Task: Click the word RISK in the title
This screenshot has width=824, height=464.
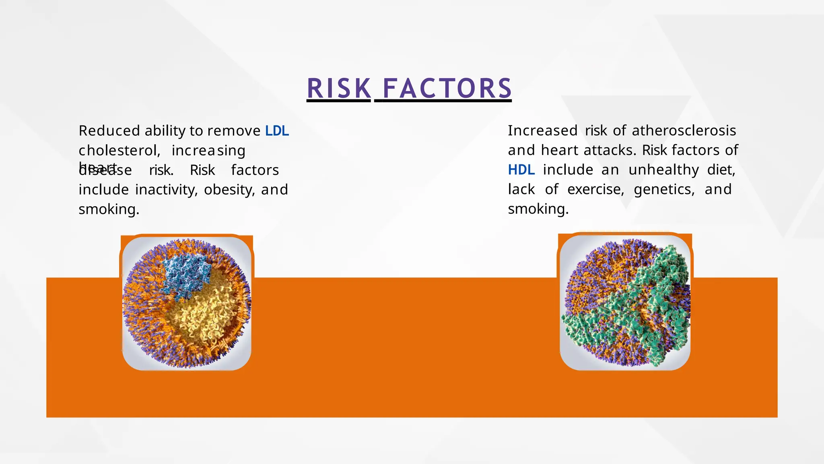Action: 338,88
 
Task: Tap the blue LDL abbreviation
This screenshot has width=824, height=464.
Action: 277,131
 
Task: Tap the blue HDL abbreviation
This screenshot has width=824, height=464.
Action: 521,170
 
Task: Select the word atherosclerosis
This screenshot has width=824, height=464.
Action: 684,130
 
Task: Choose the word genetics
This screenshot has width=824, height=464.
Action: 664,189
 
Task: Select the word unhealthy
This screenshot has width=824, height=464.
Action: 663,170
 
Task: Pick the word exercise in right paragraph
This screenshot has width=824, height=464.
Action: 595,189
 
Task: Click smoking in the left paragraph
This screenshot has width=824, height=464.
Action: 109,209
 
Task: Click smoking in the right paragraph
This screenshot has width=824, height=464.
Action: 538,209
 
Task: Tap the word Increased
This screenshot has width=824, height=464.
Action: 542,130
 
